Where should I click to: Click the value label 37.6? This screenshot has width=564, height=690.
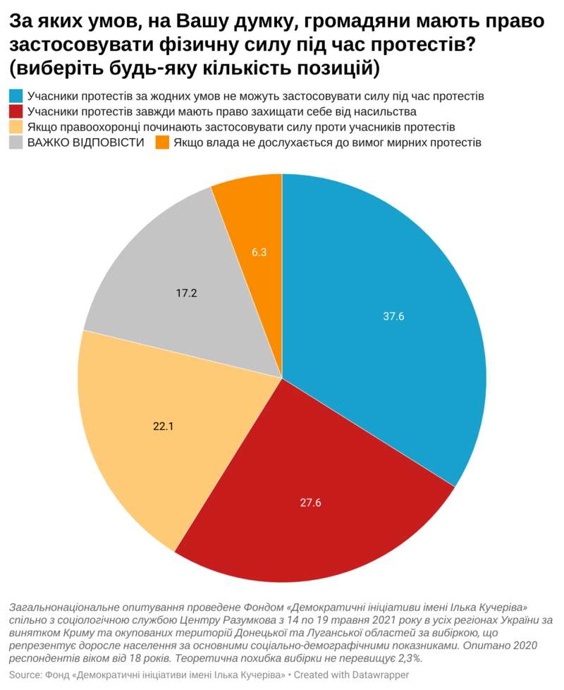tap(393, 316)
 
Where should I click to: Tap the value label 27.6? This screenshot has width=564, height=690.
tap(311, 503)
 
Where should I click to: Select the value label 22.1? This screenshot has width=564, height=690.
tap(164, 425)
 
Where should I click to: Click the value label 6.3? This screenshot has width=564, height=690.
tap(259, 252)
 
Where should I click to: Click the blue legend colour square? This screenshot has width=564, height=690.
tap(16, 96)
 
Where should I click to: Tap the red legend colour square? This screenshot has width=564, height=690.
tap(16, 111)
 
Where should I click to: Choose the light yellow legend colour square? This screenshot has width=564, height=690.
tap(16, 127)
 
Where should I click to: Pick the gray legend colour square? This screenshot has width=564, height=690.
tap(16, 142)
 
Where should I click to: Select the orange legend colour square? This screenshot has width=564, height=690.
tap(161, 142)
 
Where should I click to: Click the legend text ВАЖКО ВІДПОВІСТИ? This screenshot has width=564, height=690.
tap(86, 142)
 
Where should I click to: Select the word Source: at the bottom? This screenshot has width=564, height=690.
tap(25, 674)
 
